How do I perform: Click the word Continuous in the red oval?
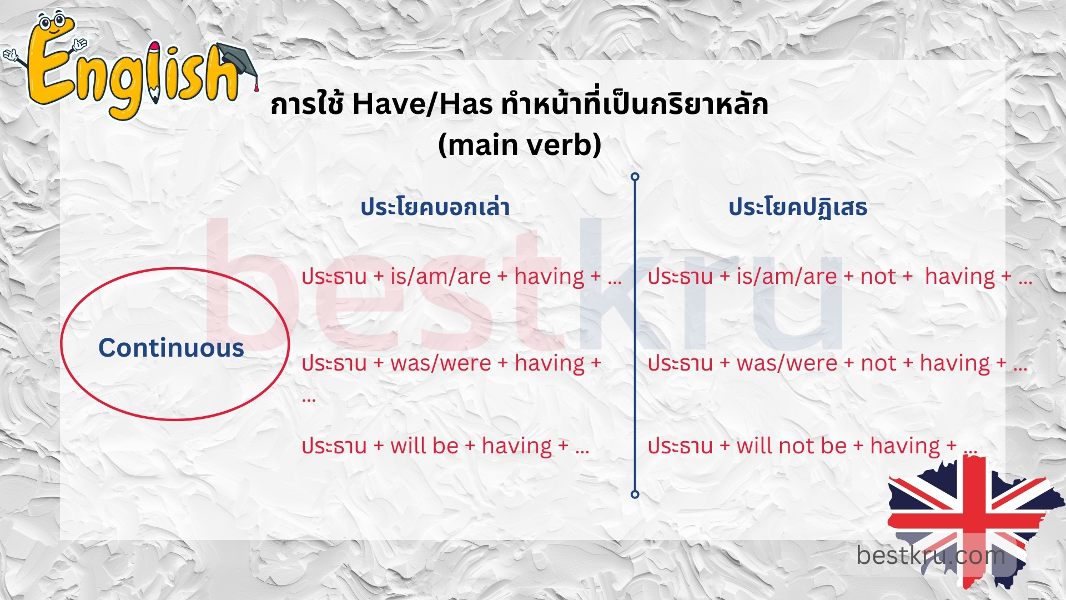(x=171, y=348)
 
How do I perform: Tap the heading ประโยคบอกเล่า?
(x=435, y=207)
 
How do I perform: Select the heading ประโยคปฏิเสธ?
(x=798, y=207)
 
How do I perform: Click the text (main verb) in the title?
(x=520, y=144)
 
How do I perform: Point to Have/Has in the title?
(x=422, y=104)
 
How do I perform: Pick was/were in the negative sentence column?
(x=787, y=363)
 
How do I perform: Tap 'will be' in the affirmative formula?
(x=424, y=446)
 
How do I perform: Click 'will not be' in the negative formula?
(x=791, y=446)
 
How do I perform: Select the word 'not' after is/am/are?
(x=878, y=276)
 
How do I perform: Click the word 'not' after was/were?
(x=878, y=363)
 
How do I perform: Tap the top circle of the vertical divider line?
(x=635, y=177)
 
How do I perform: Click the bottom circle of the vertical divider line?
(x=635, y=494)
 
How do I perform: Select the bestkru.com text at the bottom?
(x=931, y=555)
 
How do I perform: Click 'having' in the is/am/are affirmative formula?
(x=549, y=276)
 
